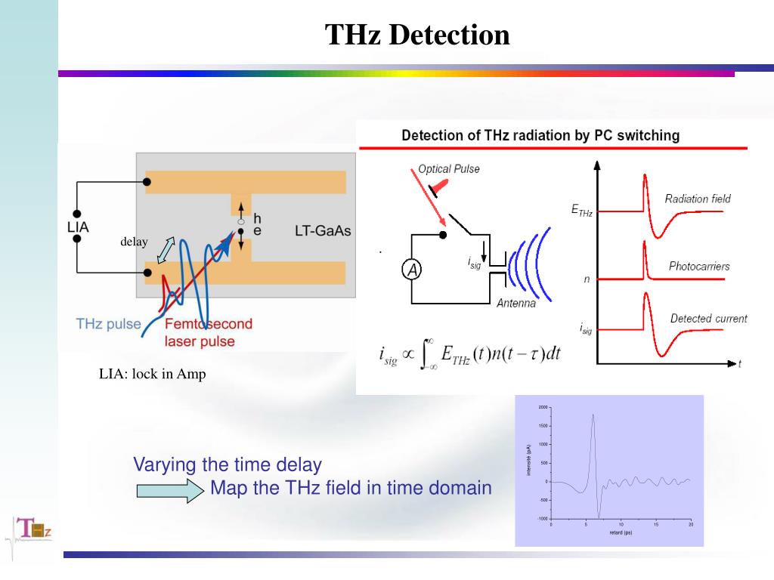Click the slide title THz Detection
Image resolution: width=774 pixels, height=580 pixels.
(x=417, y=35)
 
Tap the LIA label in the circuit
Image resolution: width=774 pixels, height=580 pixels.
(x=78, y=227)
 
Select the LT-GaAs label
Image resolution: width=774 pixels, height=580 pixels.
(x=323, y=230)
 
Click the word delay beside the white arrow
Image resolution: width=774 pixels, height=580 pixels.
(x=134, y=242)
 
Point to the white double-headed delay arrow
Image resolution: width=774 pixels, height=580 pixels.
(x=166, y=250)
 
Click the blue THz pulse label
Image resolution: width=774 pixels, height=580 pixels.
(x=109, y=324)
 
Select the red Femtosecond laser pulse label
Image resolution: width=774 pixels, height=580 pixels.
(x=209, y=332)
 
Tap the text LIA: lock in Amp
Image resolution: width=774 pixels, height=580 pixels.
(x=152, y=374)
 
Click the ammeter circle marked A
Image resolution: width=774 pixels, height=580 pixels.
(x=410, y=270)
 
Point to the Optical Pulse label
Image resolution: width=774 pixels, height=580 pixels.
(x=449, y=169)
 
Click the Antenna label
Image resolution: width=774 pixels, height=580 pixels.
(x=516, y=303)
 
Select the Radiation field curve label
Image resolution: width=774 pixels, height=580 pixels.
(x=698, y=199)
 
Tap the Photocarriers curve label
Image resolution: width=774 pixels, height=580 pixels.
(x=699, y=266)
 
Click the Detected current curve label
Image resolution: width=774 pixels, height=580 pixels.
(x=708, y=319)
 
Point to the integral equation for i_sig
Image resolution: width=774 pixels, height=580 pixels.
(x=469, y=353)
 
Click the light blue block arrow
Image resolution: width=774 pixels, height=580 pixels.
(x=170, y=492)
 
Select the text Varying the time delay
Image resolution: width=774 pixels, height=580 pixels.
(x=228, y=464)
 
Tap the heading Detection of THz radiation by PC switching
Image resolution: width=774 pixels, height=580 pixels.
(x=540, y=136)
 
